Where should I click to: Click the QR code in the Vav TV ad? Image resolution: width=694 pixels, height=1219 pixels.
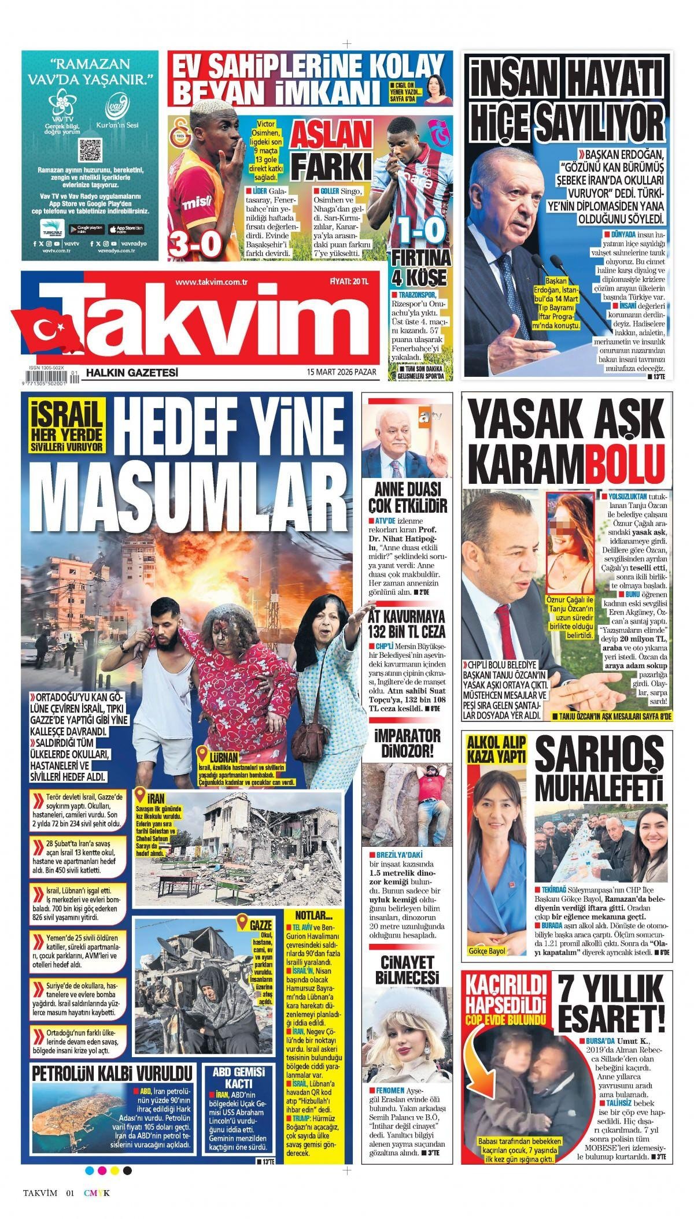click(x=90, y=150)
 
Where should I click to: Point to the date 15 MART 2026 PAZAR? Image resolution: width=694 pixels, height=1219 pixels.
click(x=342, y=373)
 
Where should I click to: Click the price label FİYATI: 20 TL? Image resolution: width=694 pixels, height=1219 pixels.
click(x=349, y=281)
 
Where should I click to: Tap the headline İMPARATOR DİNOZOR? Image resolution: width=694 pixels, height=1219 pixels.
click(x=407, y=743)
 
